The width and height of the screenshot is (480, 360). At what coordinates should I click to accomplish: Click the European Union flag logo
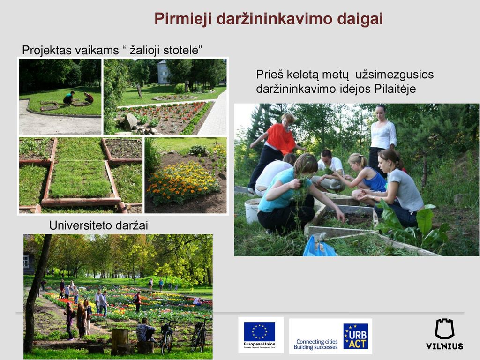pos(260,331)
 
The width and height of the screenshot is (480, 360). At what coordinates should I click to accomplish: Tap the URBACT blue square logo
pos(355,336)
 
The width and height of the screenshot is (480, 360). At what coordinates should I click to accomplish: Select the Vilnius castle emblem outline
pos(444,329)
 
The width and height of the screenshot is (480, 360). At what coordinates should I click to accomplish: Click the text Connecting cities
pos(317,341)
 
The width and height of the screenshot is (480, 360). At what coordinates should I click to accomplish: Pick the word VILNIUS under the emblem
pos(444,346)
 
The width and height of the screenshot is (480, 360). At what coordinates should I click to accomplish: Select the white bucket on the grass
pos(253,210)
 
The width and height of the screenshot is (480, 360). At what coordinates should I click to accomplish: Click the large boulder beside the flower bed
pos(131,121)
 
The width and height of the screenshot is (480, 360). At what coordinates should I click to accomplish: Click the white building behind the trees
pos(163,72)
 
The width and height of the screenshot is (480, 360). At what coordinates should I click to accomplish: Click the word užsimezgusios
pos(394,75)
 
